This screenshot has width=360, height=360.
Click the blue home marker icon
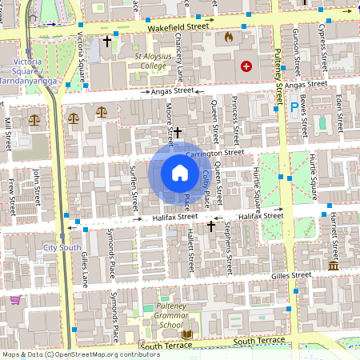pyautogui.click(x=180, y=173)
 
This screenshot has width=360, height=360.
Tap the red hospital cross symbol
pyautogui.click(x=246, y=66)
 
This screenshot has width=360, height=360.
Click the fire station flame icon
pyautogui.click(x=229, y=37)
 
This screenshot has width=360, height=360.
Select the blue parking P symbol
pyautogui.click(x=294, y=106)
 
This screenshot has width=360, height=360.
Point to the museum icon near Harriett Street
pyautogui.click(x=333, y=265)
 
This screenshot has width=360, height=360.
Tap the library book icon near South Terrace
pyautogui.click(x=188, y=334)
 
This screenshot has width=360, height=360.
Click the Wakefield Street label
pyautogui.click(x=178, y=26)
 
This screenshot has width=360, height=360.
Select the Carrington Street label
pyautogui.click(x=214, y=152)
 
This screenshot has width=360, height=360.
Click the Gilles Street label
pyautogui.click(x=290, y=275)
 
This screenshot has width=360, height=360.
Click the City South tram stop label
pyautogui.click(x=62, y=248)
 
